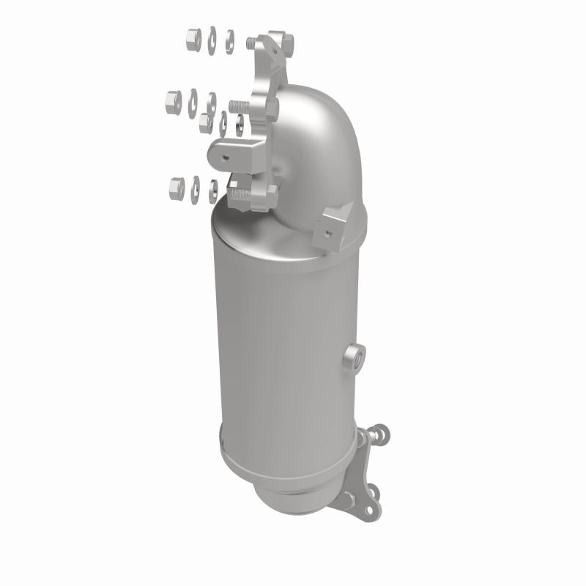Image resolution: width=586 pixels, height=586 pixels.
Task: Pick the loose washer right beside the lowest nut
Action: pyautogui.click(x=195, y=188)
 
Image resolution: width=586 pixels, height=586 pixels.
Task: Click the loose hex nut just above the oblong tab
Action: pyautogui.click(x=207, y=121)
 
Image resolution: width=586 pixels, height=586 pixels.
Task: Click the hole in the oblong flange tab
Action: pyautogui.click(x=228, y=154)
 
